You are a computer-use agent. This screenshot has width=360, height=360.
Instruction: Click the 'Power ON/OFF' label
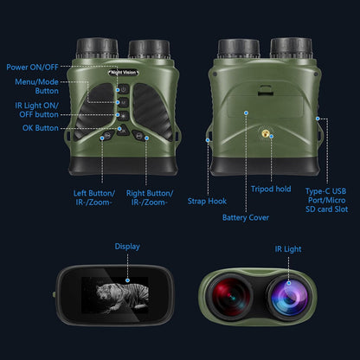click(x=32, y=67)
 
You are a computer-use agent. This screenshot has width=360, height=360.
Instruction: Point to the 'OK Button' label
click(x=41, y=129)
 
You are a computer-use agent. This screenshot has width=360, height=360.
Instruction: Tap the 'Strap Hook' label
click(x=207, y=201)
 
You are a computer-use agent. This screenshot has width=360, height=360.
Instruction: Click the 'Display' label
click(x=127, y=246)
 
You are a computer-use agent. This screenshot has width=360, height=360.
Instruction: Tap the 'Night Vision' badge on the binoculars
click(x=128, y=73)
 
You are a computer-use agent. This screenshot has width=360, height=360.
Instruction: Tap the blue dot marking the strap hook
click(x=208, y=137)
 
